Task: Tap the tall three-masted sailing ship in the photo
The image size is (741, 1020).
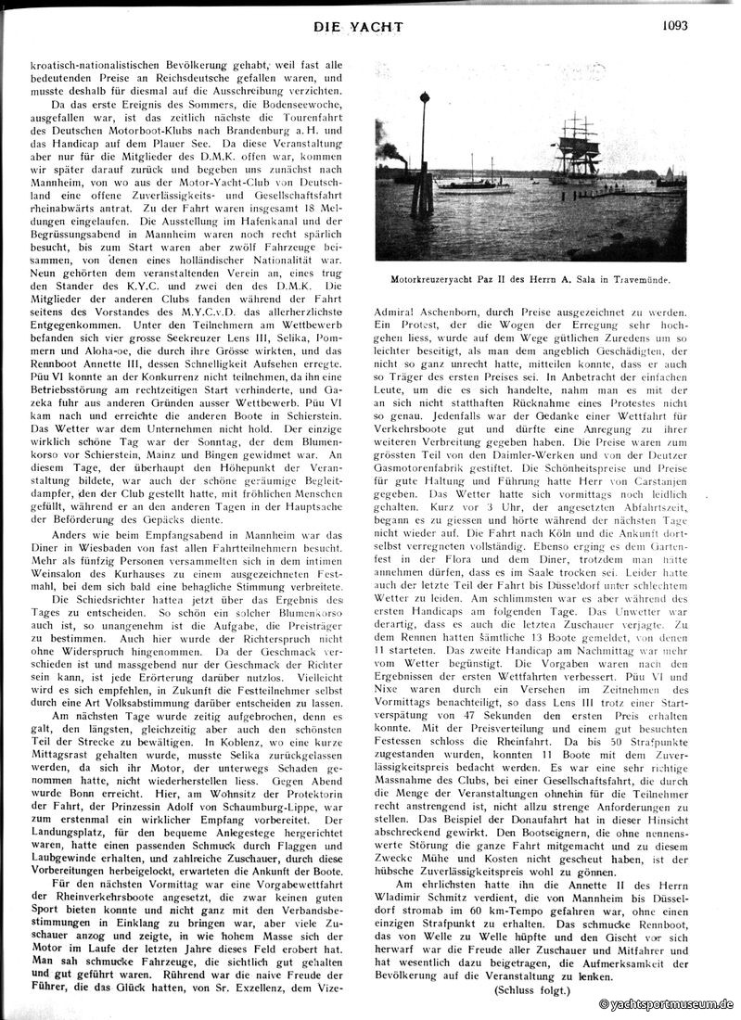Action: pos(576,148)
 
